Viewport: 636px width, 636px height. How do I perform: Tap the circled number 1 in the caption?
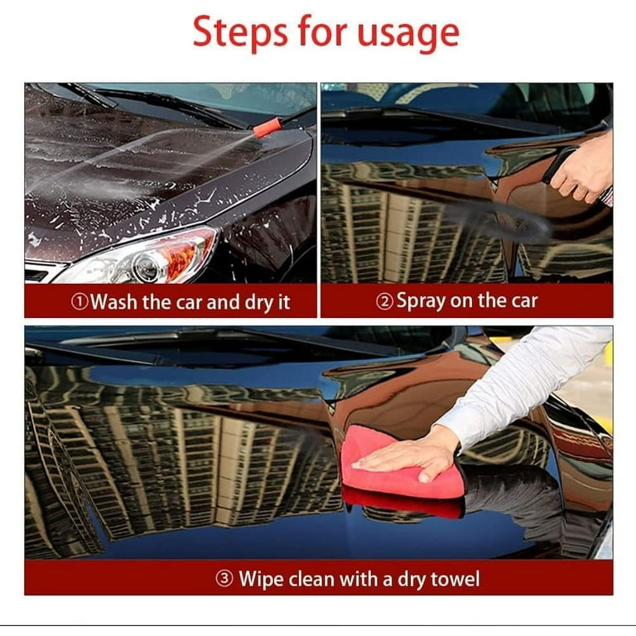[79, 302]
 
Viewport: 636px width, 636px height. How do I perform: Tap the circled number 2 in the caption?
[384, 302]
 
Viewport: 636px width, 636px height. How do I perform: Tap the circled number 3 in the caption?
[224, 579]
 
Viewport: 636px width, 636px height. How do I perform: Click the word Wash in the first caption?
[114, 302]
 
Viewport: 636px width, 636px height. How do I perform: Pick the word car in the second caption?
[521, 302]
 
